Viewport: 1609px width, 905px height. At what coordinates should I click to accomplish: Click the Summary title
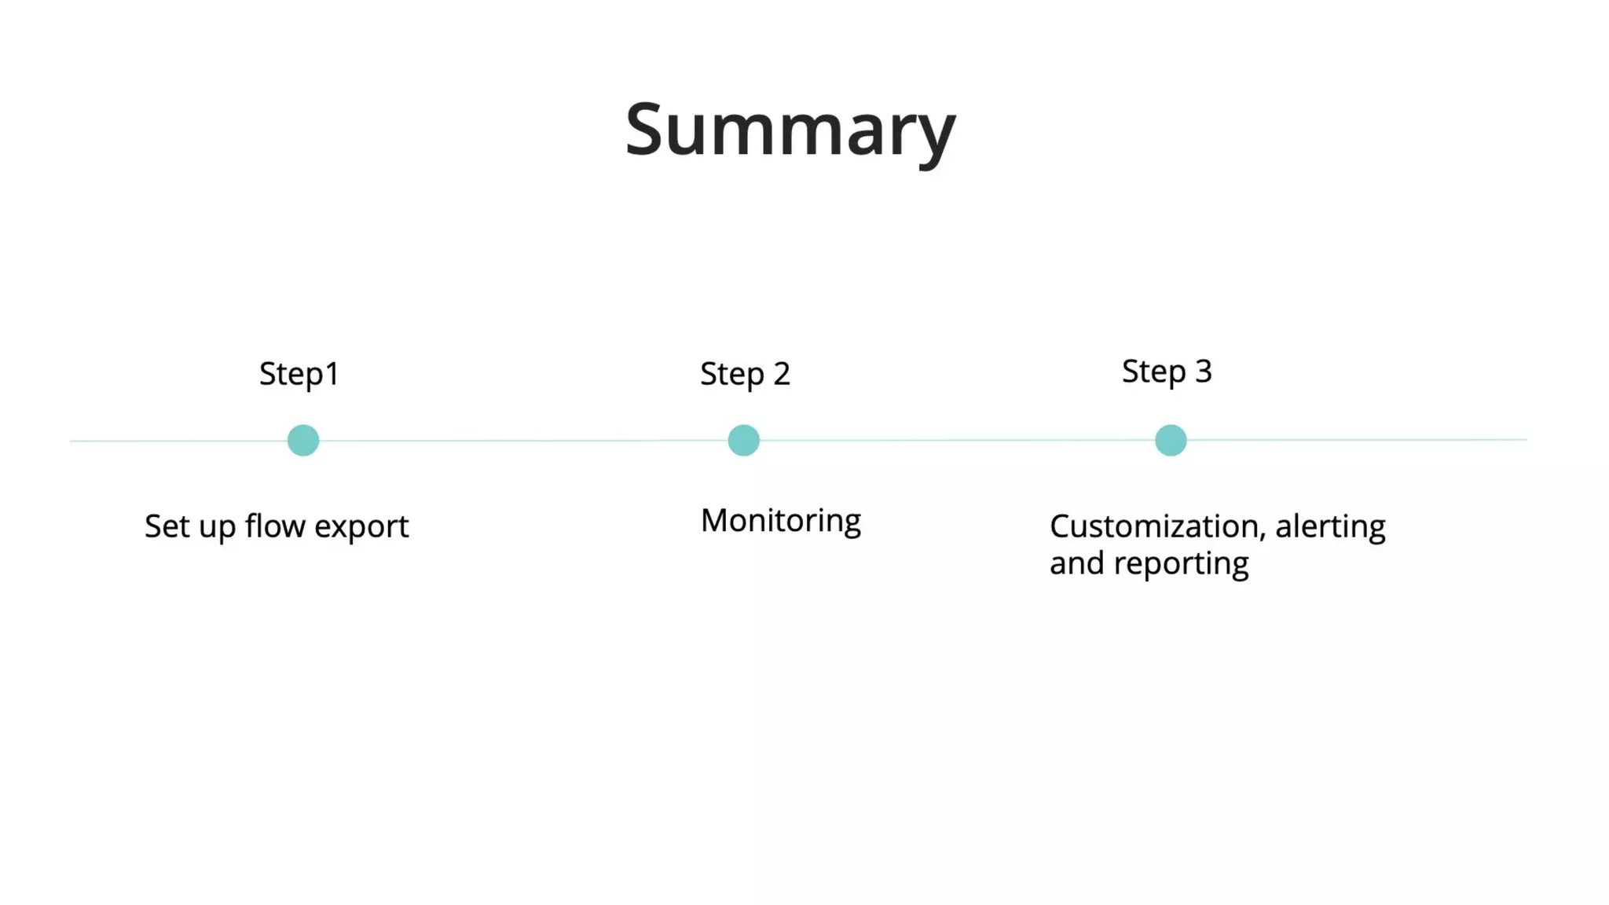(790, 130)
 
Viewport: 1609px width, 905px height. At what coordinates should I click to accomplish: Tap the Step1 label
(299, 374)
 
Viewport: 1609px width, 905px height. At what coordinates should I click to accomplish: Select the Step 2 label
(744, 374)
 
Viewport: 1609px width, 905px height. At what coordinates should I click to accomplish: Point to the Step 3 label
(1166, 372)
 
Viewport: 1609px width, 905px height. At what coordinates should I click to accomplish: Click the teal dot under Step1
(303, 441)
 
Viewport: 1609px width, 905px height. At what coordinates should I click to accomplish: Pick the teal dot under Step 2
(743, 441)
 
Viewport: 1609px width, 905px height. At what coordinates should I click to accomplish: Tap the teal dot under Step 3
(1170, 441)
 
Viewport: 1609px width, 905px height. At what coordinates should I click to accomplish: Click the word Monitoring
(780, 521)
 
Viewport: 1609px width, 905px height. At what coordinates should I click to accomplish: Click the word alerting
(1330, 526)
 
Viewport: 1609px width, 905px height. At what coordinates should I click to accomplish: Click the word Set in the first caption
(167, 526)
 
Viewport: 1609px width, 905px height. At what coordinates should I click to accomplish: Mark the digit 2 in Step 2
(781, 374)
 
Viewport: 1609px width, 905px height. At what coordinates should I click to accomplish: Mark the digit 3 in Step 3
(1203, 372)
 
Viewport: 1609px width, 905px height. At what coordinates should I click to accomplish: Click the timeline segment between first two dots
(523, 441)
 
